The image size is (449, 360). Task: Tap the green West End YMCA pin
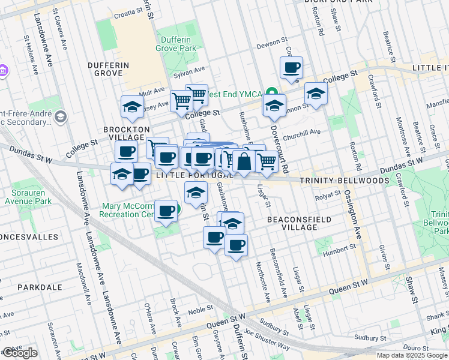point(272,94)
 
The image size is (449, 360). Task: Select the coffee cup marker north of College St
point(292,67)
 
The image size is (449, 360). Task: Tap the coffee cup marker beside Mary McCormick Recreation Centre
point(165,211)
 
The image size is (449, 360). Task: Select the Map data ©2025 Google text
point(411,355)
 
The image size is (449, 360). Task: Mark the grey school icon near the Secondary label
point(59,116)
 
